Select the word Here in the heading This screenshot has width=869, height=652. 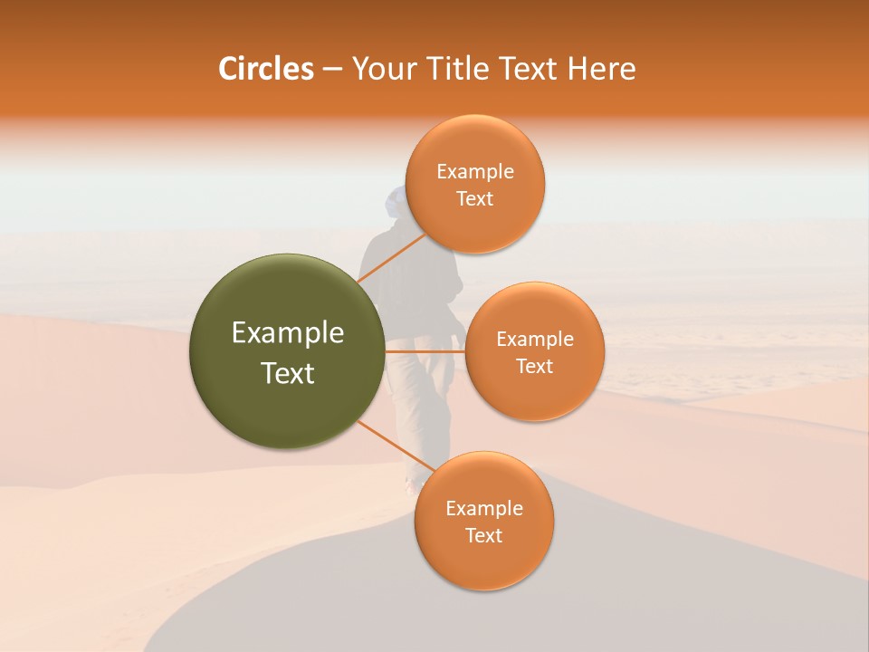click(x=600, y=69)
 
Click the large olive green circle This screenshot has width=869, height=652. click(x=287, y=351)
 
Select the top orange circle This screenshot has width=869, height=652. click(x=474, y=184)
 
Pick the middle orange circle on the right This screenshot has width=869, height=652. click(x=535, y=351)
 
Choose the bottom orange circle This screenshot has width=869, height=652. click(x=483, y=521)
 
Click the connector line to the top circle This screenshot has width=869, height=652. click(x=393, y=258)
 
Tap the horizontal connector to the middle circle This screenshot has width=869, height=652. click(x=425, y=350)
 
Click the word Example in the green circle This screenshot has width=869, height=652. click(x=288, y=333)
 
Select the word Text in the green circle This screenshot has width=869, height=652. click(x=288, y=373)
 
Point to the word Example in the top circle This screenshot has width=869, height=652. click(x=475, y=172)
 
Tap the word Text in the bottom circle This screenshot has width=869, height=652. click(x=483, y=535)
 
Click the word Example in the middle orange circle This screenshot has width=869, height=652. click(x=535, y=340)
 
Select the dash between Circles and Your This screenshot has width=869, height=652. click(x=331, y=69)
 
